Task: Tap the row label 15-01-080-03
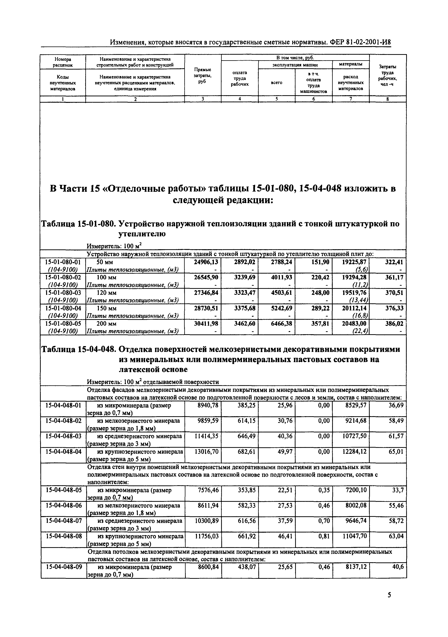click(x=63, y=293)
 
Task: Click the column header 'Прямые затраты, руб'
click(x=203, y=75)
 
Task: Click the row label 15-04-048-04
click(x=64, y=452)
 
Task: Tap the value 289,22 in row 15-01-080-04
click(x=320, y=308)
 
